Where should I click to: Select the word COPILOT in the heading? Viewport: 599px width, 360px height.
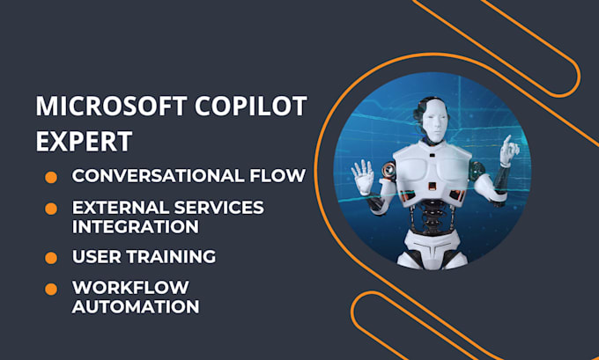(250, 107)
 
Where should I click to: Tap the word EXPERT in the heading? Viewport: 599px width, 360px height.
(84, 141)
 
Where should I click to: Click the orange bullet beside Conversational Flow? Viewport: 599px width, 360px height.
(51, 178)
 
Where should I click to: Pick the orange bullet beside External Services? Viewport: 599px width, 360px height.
(51, 209)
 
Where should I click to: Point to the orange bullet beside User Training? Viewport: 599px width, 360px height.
(51, 258)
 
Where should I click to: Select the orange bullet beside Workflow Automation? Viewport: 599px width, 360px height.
(51, 289)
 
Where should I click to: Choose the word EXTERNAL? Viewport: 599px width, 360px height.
(121, 208)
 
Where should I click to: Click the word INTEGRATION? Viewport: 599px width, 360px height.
(136, 226)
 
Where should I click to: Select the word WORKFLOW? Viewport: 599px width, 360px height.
(130, 288)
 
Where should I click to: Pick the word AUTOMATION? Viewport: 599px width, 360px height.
(136, 306)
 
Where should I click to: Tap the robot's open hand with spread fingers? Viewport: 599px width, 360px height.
(362, 177)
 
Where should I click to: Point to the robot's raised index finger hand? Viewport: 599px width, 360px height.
(509, 151)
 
